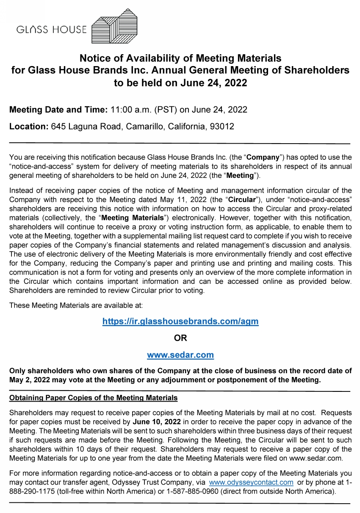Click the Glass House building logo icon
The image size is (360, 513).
click(114, 26)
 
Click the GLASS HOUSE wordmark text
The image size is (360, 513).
click(51, 30)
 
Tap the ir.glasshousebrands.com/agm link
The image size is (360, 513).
click(180, 322)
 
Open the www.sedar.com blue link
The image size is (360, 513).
click(180, 355)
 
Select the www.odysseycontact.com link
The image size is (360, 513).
click(251, 482)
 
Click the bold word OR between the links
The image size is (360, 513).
click(180, 338)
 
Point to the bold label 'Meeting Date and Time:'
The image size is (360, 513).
click(58, 110)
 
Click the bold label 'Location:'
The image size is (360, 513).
click(29, 127)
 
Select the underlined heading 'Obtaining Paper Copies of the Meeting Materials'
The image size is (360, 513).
click(93, 398)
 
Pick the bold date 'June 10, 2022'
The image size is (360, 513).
click(157, 422)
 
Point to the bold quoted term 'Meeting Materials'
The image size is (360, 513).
click(133, 218)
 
